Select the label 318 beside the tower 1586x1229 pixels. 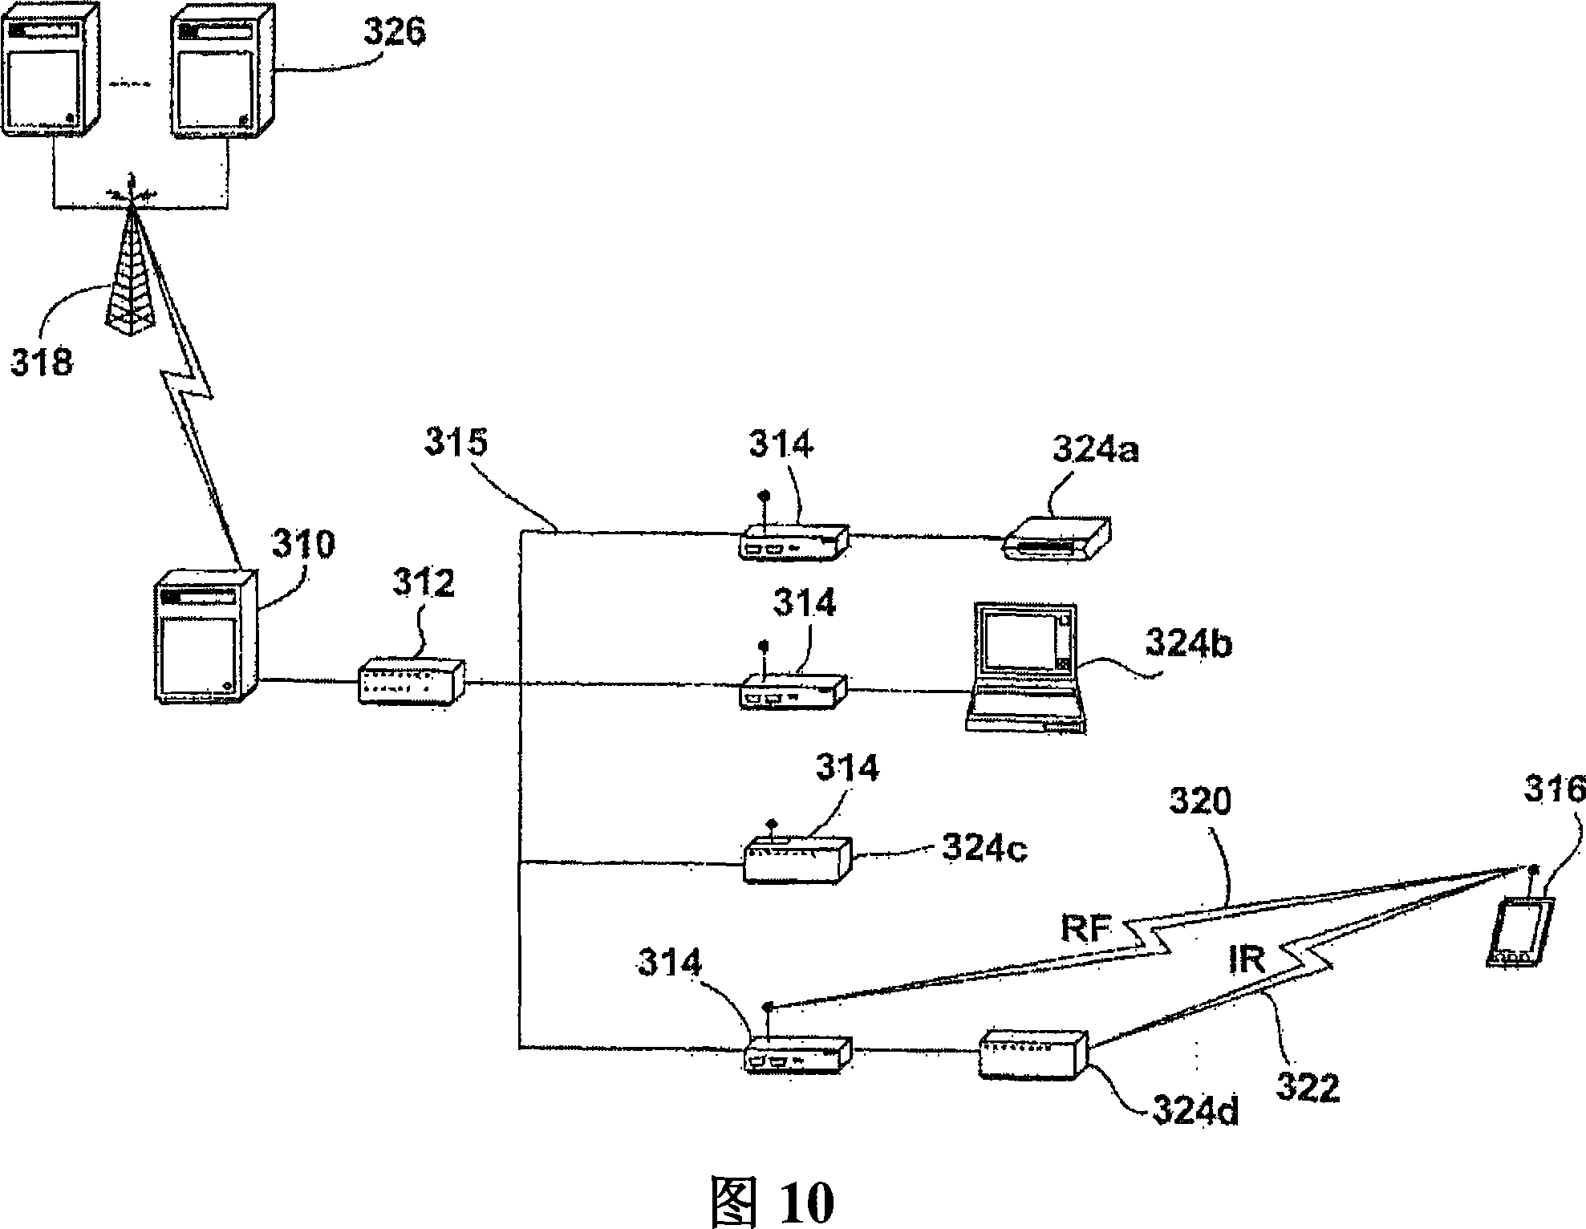tap(42, 361)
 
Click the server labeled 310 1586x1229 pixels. tap(207, 636)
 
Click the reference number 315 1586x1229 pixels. tap(456, 442)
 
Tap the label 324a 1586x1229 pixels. tap(1096, 451)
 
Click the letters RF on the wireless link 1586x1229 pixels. tap(1087, 929)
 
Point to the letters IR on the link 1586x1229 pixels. tap(1246, 959)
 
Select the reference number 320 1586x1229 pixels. tap(1199, 801)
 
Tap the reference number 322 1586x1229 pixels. tap(1308, 1089)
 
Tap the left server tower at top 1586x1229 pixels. tap(52, 71)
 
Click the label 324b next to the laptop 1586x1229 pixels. tap(1188, 643)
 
